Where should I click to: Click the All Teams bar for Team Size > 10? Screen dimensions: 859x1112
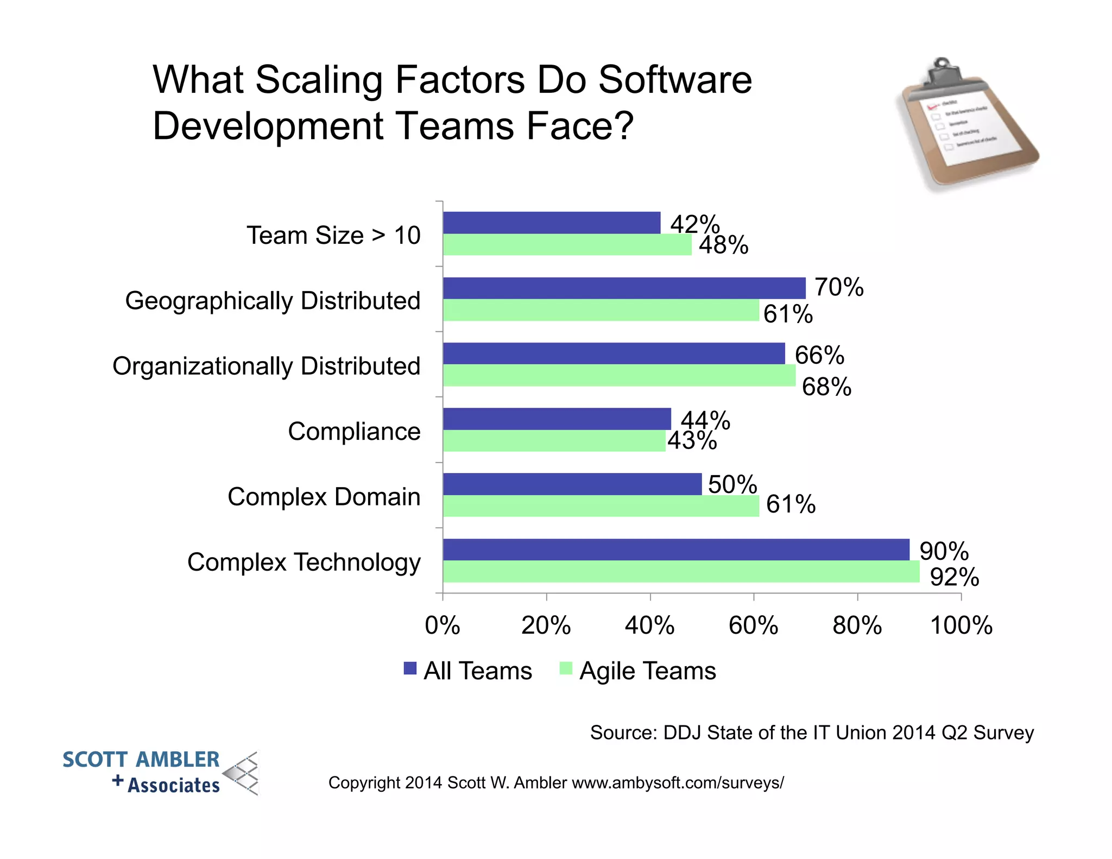pos(551,223)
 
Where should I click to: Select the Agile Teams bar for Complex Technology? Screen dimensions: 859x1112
pos(681,572)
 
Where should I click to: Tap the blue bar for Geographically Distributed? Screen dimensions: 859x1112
pos(624,288)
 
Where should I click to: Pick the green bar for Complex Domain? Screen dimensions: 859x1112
pos(601,506)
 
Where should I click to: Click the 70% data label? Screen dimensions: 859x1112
pos(838,287)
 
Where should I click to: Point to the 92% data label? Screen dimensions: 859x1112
pos(954,577)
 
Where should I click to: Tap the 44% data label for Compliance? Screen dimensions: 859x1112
pos(705,420)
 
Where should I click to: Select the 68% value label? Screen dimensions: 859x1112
pos(826,387)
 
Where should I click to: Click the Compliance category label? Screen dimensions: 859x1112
pos(354,432)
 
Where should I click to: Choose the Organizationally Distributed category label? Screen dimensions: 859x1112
pos(266,367)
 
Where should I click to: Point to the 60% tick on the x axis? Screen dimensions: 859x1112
pos(753,626)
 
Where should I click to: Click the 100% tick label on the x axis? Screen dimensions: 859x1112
pos(961,626)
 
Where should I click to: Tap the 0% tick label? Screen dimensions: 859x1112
pos(442,626)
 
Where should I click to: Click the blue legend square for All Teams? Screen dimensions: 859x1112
pos(410,668)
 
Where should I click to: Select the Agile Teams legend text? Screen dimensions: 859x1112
pos(647,671)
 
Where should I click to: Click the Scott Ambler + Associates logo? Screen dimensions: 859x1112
pos(160,772)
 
